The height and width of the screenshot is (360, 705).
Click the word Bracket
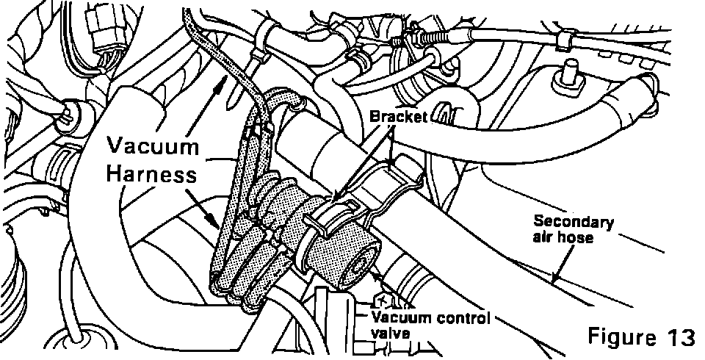coord(399,118)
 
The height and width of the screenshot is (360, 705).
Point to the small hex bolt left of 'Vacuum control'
coord(382,302)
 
